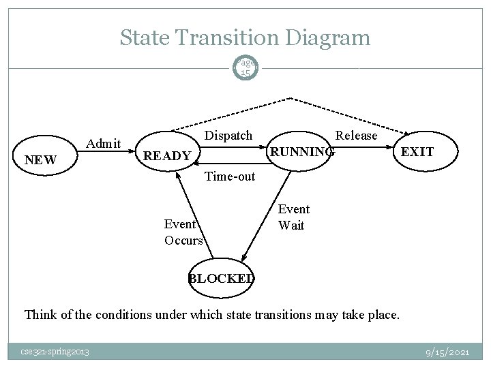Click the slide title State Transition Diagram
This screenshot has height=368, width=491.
click(x=245, y=37)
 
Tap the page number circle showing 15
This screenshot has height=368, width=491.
click(x=245, y=67)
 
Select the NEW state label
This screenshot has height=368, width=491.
click(x=40, y=161)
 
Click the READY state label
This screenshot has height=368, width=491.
click(x=167, y=156)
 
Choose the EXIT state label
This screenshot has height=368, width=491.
click(x=417, y=151)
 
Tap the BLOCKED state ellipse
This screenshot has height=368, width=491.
click(x=222, y=277)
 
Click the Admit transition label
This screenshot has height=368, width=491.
click(x=104, y=143)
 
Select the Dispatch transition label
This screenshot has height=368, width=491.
click(x=228, y=135)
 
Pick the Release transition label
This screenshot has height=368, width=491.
click(x=356, y=135)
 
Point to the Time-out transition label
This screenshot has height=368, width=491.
click(x=230, y=177)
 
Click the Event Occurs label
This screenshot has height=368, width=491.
click(x=183, y=232)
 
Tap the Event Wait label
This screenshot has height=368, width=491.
click(x=293, y=217)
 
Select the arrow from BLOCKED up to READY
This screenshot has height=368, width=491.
click(x=194, y=217)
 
